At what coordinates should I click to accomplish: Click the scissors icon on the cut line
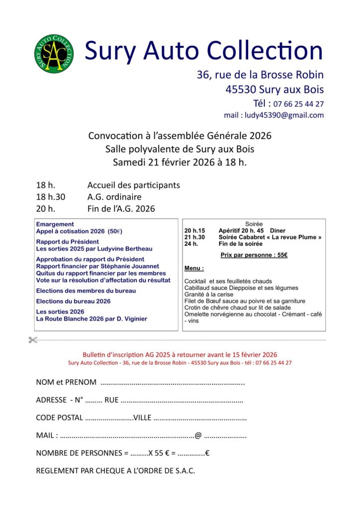coord(33,340)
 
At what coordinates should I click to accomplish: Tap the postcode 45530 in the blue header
coord(241,90)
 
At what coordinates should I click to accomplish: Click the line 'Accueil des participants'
coord(133,185)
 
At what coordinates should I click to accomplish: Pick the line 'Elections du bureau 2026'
coord(73,301)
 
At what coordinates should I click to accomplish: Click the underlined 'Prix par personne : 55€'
coord(254,255)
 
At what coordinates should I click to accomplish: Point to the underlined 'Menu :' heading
coord(194,268)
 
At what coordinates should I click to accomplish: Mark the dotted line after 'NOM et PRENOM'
coord(172,384)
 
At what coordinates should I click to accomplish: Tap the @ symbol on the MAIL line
coord(198,436)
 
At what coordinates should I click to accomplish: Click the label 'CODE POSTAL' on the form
coord(60,418)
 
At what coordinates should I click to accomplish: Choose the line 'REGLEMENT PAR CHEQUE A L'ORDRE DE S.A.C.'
coord(115,470)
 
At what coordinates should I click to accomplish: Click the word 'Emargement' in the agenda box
coord(55,225)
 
